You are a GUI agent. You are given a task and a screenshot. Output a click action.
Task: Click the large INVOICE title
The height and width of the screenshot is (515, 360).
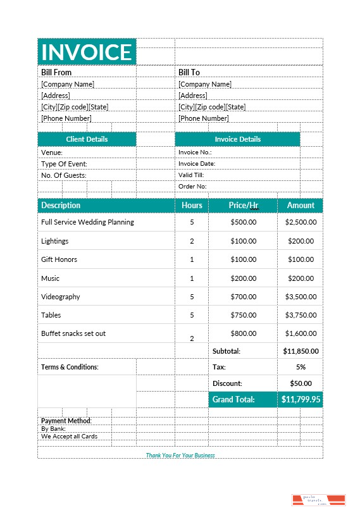[x=87, y=52]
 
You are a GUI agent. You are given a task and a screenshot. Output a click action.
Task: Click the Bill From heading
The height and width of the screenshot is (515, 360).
[x=56, y=73]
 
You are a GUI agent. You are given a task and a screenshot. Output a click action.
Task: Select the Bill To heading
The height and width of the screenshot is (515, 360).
[x=189, y=73]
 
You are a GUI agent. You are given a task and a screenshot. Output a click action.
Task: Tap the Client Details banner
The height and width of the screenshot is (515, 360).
[x=87, y=139]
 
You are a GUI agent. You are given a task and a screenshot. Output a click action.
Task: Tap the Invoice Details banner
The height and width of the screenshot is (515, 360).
[x=237, y=139]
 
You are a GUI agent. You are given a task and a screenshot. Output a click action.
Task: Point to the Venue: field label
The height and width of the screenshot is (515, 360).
[x=52, y=152]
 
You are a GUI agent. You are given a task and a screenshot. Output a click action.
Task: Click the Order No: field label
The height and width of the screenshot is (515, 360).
[x=192, y=187]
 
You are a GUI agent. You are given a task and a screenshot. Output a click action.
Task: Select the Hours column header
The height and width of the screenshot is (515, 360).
[x=192, y=206]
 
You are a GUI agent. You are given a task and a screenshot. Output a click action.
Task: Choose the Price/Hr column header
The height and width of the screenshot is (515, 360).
[x=244, y=206]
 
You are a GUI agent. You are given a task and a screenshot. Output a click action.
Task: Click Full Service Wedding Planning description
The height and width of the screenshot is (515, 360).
[x=87, y=223]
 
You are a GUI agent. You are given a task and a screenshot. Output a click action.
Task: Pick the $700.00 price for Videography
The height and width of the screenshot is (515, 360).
[x=244, y=297]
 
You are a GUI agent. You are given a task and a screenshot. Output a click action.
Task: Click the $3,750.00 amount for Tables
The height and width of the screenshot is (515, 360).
[x=301, y=315]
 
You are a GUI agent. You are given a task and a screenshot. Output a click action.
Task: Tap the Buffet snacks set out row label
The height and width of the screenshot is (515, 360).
[x=73, y=333]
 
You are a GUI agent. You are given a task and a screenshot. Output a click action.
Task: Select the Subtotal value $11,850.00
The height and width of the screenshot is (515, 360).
[x=301, y=351]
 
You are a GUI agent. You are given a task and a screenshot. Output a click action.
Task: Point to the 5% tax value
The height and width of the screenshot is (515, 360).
[x=301, y=367]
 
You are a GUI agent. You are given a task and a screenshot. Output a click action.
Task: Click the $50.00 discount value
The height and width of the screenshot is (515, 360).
[x=301, y=383]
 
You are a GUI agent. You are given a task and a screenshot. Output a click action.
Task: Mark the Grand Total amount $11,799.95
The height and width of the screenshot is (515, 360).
[x=301, y=400]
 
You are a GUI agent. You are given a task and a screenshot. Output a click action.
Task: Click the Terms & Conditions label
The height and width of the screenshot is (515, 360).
[x=70, y=367]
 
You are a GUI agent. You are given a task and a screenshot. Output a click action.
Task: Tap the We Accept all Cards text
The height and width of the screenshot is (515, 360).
[x=69, y=437]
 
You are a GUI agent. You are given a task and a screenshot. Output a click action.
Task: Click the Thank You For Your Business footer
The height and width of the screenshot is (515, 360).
[x=180, y=456]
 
